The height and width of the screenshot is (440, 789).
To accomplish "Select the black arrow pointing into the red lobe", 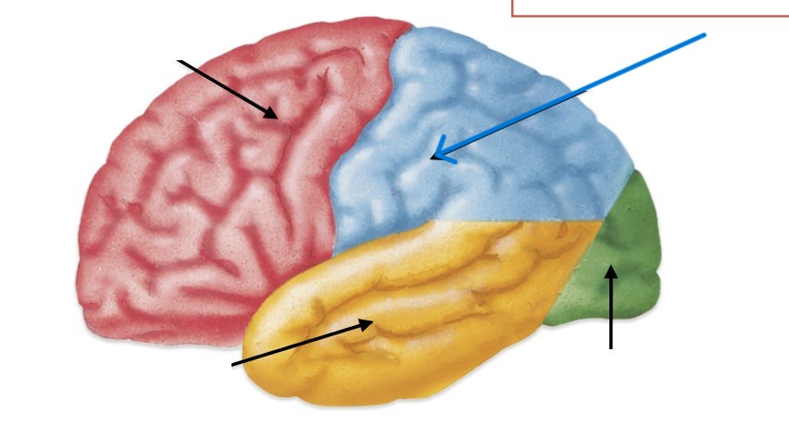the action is point(227,88).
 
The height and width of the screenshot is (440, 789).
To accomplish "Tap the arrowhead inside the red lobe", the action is point(271,114).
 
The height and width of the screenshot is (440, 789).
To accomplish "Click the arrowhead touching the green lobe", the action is point(610,270).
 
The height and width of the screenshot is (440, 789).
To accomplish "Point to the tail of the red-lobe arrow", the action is point(181,61).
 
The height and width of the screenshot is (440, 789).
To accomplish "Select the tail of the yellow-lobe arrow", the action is point(233,363).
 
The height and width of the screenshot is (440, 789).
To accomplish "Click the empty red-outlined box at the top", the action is point(648,7).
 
